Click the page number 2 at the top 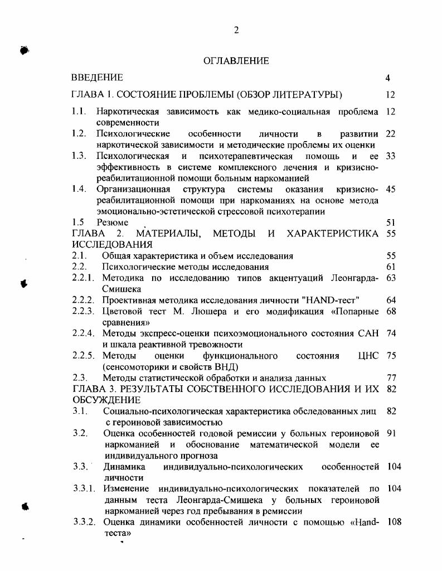pos(236,31)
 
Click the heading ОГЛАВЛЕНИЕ pos(236,61)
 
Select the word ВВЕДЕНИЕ pos(98,78)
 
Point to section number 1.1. pos(79,112)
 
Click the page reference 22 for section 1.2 pos(390,134)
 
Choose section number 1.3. pos(79,156)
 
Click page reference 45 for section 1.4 pos(390,189)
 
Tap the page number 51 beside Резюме pos(390,222)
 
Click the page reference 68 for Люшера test pos(390,311)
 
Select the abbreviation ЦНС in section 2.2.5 pos(368,356)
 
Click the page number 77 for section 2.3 pos(390,378)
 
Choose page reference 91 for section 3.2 pos(390,433)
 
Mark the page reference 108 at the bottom pos(394,522)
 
